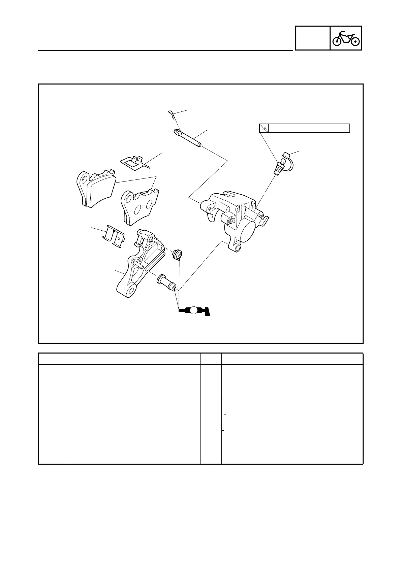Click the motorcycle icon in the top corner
(x=346, y=38)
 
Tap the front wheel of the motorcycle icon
(x=355, y=41)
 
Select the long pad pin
(x=187, y=138)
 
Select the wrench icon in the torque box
(x=264, y=128)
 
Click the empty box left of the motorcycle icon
(x=312, y=38)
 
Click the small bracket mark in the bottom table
(x=223, y=414)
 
